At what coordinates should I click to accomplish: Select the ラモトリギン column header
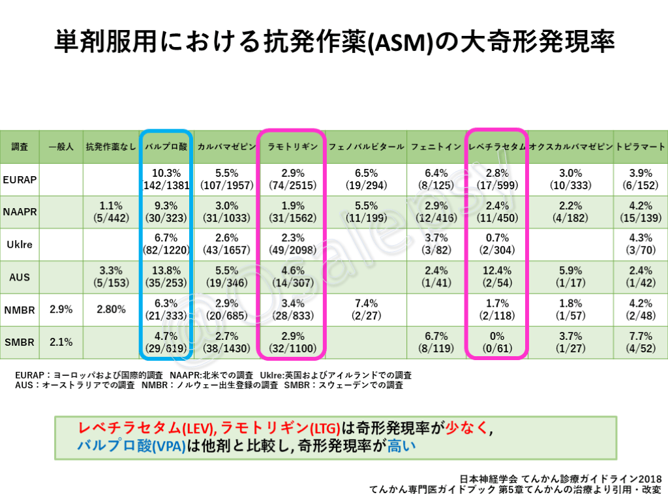click(x=291, y=147)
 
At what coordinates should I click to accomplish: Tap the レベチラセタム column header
click(x=497, y=147)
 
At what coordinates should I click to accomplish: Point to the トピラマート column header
click(x=641, y=147)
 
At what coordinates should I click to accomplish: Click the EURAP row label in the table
click(x=20, y=179)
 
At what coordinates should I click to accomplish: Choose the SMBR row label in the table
click(x=19, y=342)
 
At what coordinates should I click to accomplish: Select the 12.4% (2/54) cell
click(x=497, y=277)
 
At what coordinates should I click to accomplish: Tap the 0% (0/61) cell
click(x=497, y=342)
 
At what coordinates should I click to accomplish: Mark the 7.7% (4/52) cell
click(x=641, y=342)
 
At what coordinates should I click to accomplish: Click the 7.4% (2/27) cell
click(x=366, y=310)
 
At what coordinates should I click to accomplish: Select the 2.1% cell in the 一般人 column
click(x=61, y=342)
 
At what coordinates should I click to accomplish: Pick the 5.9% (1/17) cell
click(x=571, y=277)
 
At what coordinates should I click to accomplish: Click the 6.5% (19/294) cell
click(x=366, y=179)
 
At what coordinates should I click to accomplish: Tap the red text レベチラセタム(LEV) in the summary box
click(x=147, y=429)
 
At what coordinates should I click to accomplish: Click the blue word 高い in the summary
click(x=401, y=447)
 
